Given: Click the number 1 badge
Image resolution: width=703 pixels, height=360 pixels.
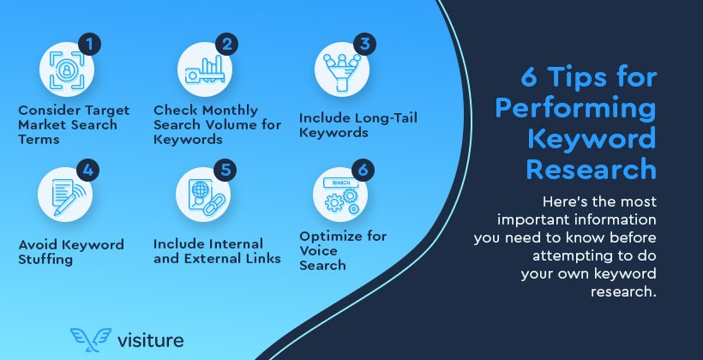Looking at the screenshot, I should (x=90, y=45).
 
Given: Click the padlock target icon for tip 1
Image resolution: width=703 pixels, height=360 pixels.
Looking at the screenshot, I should (x=64, y=69).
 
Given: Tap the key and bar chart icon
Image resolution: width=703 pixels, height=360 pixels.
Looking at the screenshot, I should (x=202, y=69).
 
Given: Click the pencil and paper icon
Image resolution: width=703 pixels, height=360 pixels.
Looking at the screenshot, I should (x=64, y=193).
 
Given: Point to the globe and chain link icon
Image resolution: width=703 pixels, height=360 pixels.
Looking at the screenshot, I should (x=202, y=193).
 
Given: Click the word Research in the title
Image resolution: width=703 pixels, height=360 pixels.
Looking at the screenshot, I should (x=591, y=168).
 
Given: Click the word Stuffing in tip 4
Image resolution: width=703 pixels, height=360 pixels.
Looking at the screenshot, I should (x=46, y=259).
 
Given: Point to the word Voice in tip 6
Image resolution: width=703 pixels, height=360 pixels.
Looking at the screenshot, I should (x=319, y=251).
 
